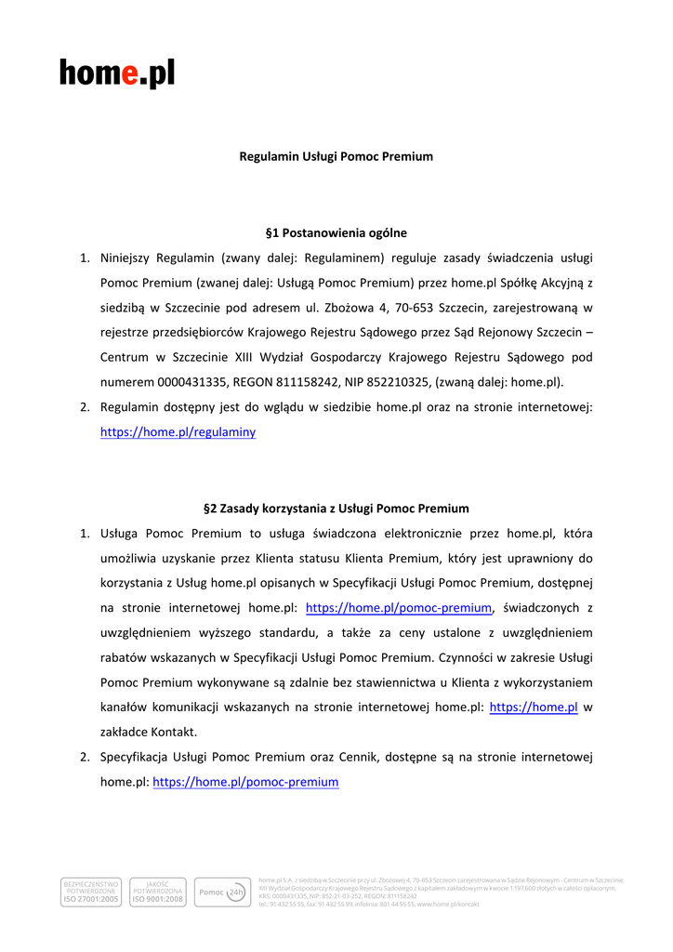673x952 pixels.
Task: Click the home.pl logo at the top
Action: point(117,73)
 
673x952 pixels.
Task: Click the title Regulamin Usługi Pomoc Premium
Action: point(336,156)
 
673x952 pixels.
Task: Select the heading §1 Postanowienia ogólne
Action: point(336,232)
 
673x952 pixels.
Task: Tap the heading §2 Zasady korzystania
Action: point(336,509)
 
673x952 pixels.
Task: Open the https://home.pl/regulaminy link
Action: point(178,432)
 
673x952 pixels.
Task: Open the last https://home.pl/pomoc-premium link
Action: point(245,783)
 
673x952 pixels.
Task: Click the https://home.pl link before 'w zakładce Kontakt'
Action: point(534,707)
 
